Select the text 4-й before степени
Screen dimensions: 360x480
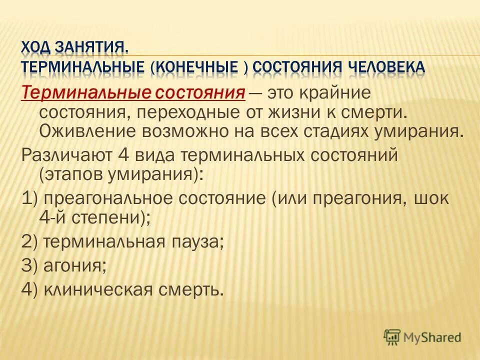pos(53,217)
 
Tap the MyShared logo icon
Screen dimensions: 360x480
pos(392,337)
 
